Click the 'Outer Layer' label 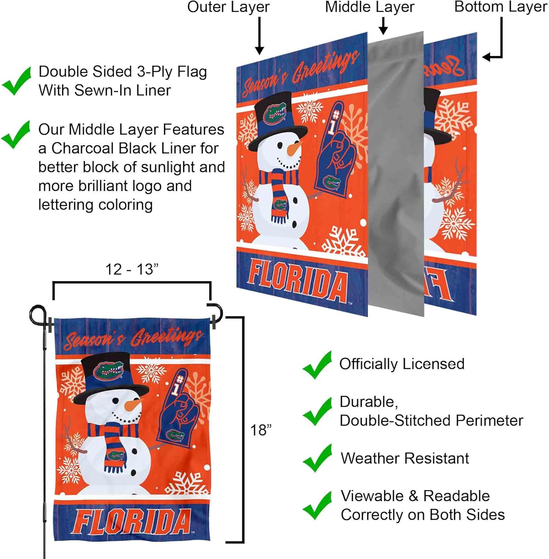pyautogui.click(x=228, y=7)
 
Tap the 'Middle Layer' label pyautogui.click(x=369, y=7)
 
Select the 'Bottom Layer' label pyautogui.click(x=500, y=7)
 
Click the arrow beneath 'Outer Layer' pyautogui.click(x=259, y=36)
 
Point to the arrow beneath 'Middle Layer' pyautogui.click(x=383, y=26)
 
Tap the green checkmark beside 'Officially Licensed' pyautogui.click(x=317, y=365)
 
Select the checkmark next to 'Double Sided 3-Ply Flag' pyautogui.click(x=16, y=81)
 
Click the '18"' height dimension pyautogui.click(x=261, y=430)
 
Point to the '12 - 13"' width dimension pyautogui.click(x=132, y=269)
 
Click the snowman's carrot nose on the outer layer pyautogui.click(x=293, y=149)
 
